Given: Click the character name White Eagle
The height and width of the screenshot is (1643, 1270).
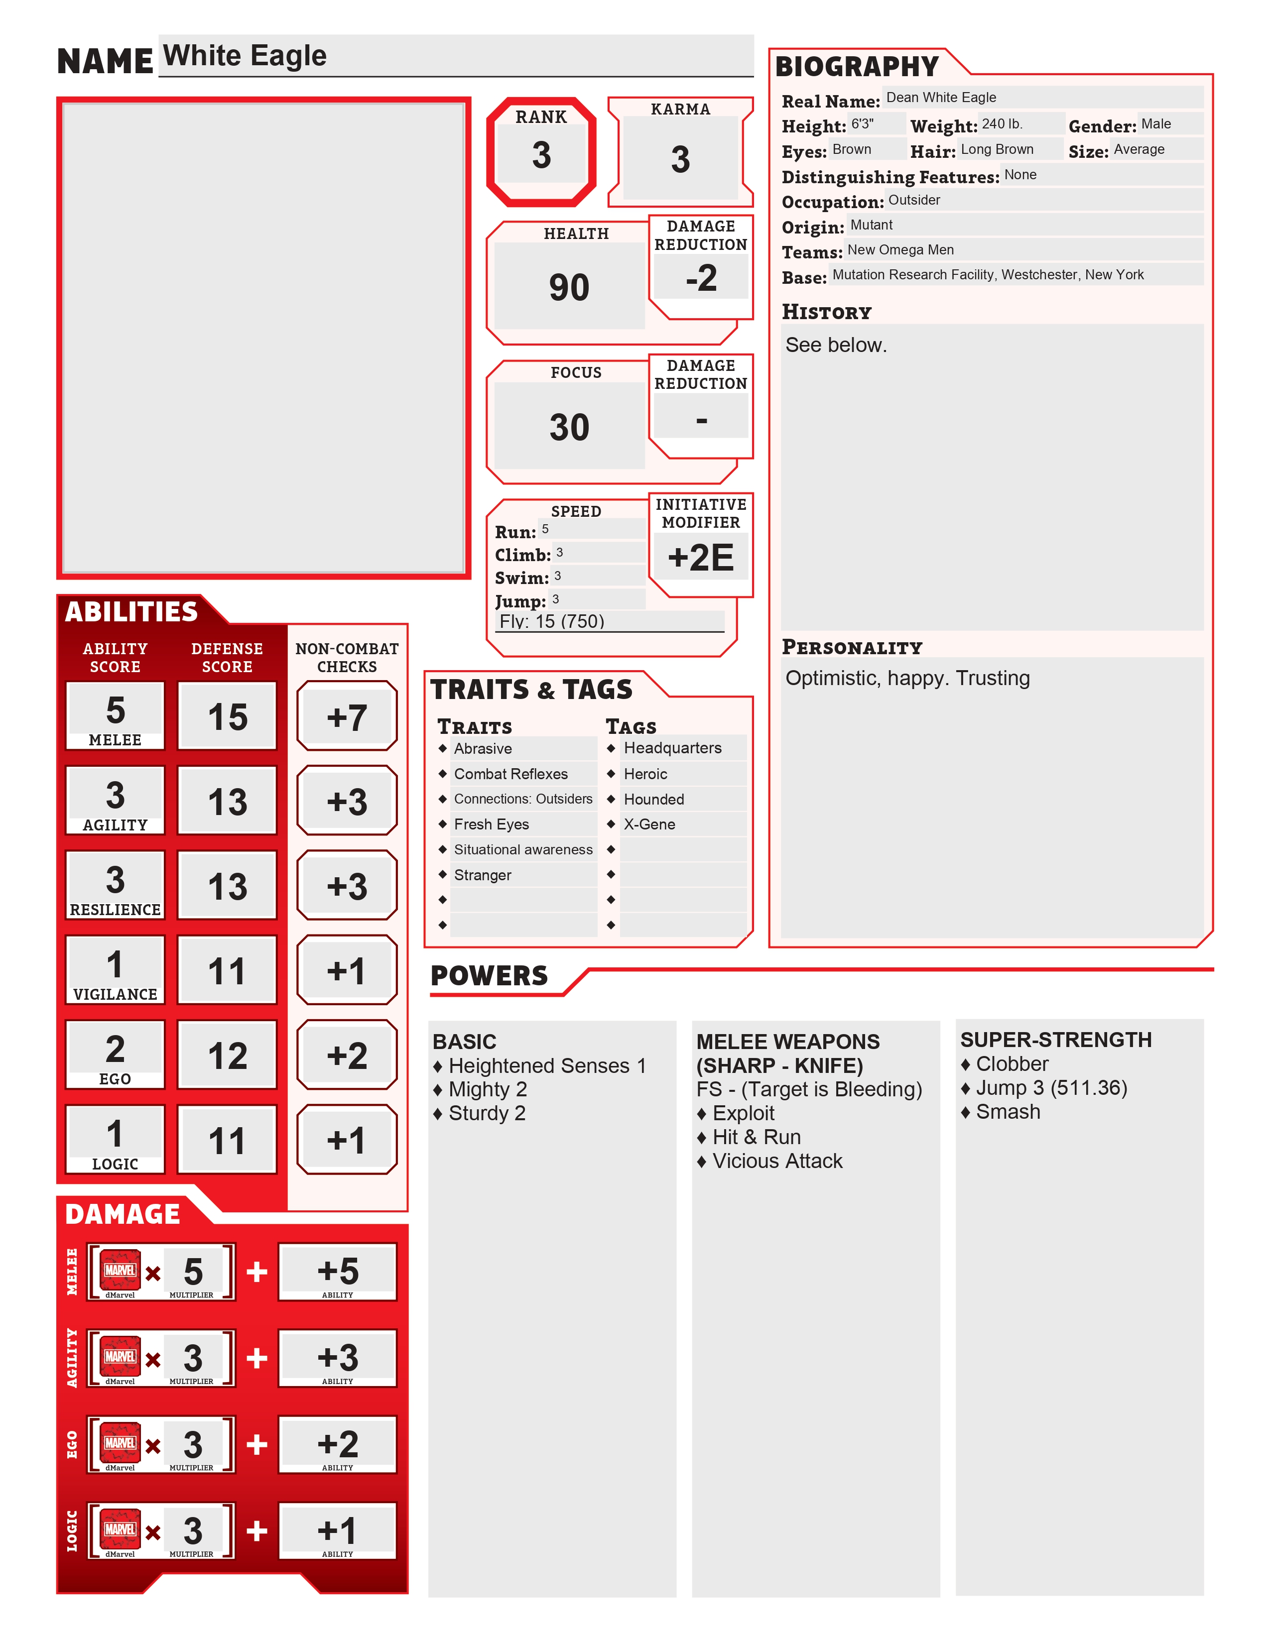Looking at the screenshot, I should click(x=245, y=56).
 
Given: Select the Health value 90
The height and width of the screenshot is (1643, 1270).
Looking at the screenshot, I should click(x=569, y=287).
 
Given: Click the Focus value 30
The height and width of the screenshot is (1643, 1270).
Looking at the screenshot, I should click(x=569, y=427).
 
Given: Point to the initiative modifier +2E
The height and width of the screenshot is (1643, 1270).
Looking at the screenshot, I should click(x=700, y=558).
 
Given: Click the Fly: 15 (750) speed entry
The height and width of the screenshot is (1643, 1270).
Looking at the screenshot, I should click(x=552, y=621).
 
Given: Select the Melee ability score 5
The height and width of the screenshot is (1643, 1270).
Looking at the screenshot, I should click(x=115, y=710).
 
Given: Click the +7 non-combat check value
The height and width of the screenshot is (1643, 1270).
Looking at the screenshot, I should click(x=347, y=717).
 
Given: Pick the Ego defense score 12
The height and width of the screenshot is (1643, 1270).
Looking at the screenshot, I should click(x=227, y=1056).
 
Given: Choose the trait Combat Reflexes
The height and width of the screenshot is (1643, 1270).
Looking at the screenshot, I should click(x=511, y=774).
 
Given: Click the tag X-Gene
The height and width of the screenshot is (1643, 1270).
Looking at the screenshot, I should click(x=649, y=824).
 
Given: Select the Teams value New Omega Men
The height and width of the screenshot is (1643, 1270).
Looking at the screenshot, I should click(x=900, y=250).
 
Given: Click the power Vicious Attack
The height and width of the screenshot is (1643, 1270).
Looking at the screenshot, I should click(x=777, y=1161).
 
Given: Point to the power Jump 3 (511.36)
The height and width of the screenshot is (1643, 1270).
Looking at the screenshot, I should click(x=1051, y=1088).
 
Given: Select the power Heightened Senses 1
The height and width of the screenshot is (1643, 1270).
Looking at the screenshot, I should click(x=547, y=1066).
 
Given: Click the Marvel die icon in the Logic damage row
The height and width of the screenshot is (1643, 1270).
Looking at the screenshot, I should click(x=121, y=1529).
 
